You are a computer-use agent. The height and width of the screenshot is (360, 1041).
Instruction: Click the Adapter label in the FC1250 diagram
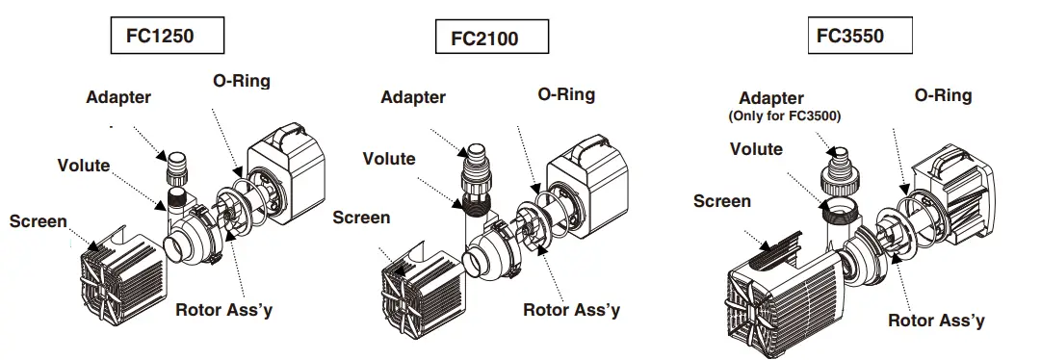[118, 97]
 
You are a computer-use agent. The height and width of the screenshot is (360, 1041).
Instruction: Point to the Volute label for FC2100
[389, 159]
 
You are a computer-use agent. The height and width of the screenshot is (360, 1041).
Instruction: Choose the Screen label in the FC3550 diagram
[721, 200]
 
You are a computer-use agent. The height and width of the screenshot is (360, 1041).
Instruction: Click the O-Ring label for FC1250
[241, 82]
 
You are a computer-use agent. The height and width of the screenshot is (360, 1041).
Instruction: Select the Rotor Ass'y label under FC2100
[571, 310]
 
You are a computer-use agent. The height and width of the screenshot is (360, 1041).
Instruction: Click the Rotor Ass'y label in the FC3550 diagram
[936, 321]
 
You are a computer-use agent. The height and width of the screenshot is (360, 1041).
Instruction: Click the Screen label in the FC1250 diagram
[39, 221]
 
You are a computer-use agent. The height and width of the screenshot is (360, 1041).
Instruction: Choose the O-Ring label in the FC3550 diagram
[943, 95]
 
